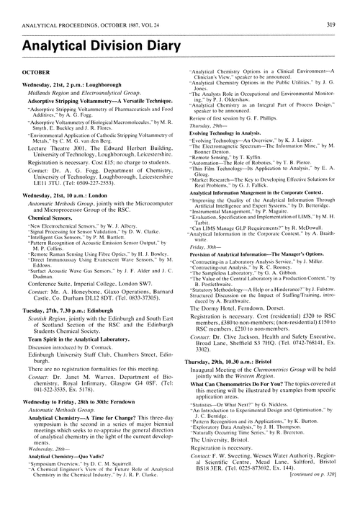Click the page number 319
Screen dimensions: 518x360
(346, 8)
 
